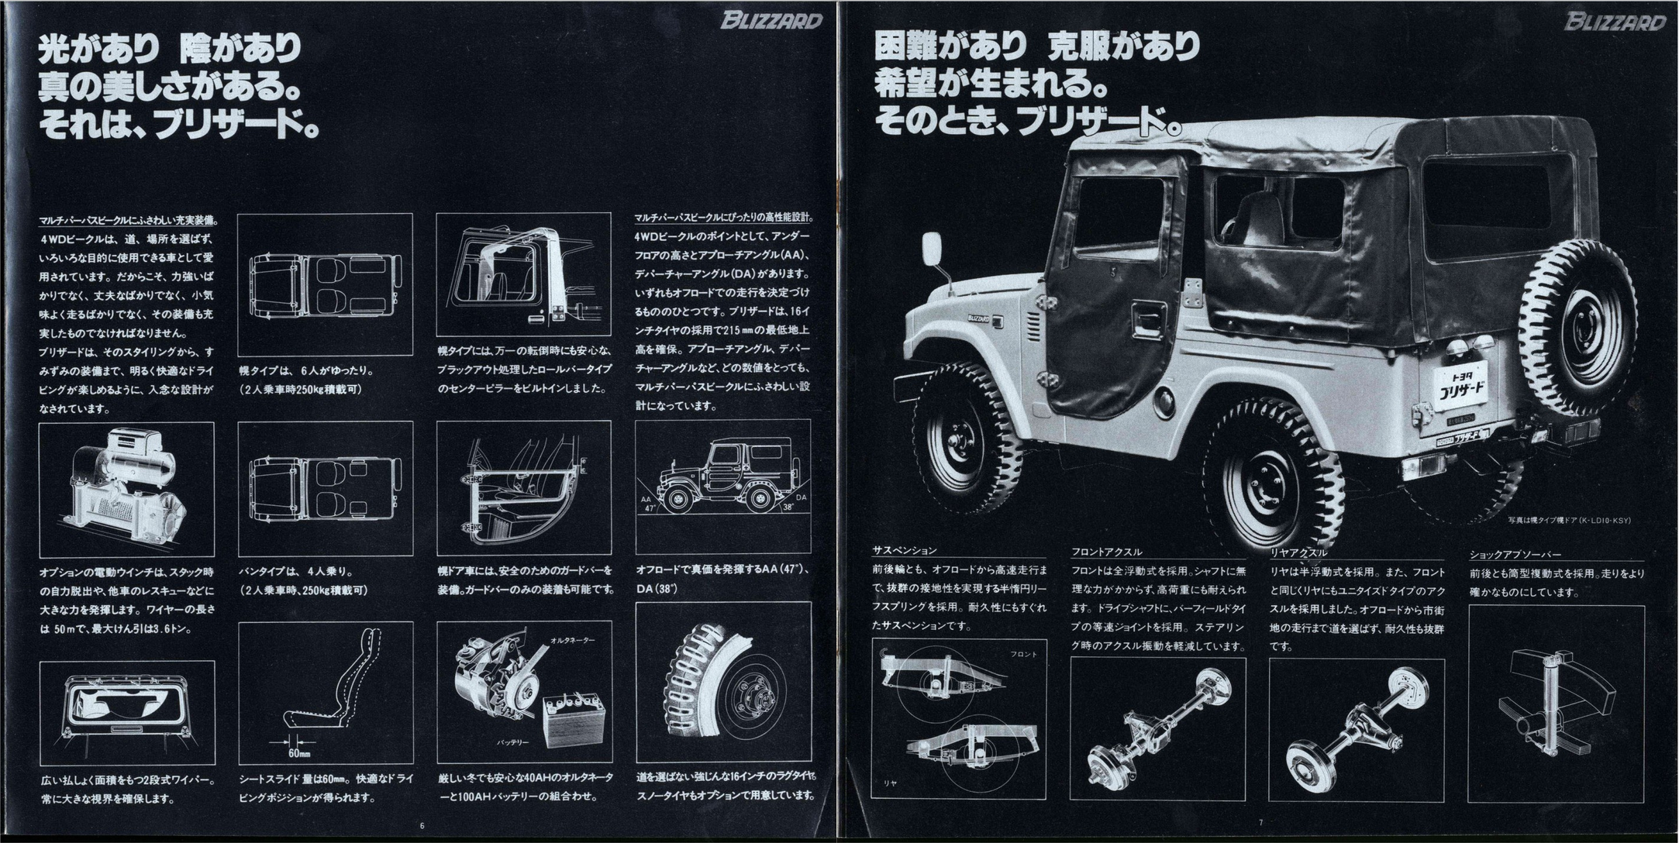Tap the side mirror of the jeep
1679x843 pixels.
pos(932,249)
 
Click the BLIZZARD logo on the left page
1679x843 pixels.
pos(771,20)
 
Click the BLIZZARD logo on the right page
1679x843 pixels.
pos(1615,21)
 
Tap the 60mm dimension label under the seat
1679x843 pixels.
pos(299,752)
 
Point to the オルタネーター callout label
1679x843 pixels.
pos(573,641)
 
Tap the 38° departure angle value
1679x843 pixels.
pos(788,508)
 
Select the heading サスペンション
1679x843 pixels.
pos(904,551)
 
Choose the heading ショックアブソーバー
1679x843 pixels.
pos(1515,555)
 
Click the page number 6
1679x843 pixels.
pos(422,825)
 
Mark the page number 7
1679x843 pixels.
pos(1260,822)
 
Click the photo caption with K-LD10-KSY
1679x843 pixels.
pos(1580,520)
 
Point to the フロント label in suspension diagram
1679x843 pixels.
pos(1023,654)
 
